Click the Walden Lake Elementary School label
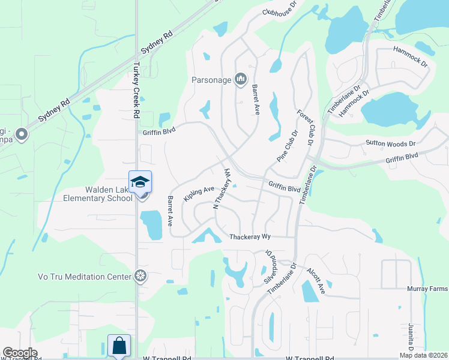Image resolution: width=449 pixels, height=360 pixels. [98, 194]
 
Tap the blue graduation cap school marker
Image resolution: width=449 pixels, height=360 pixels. [140, 181]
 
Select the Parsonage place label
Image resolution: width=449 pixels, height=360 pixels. [211, 80]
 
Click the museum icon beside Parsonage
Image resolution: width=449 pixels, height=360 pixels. [241, 79]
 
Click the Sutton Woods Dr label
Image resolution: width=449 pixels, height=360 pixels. [391, 143]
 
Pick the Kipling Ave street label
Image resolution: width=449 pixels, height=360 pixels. [199, 193]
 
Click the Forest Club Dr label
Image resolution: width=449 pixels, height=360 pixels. [305, 127]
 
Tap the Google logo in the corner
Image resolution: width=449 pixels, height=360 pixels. [20, 353]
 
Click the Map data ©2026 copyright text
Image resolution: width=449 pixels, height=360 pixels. [423, 355]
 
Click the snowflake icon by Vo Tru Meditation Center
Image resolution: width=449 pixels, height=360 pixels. [140, 276]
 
